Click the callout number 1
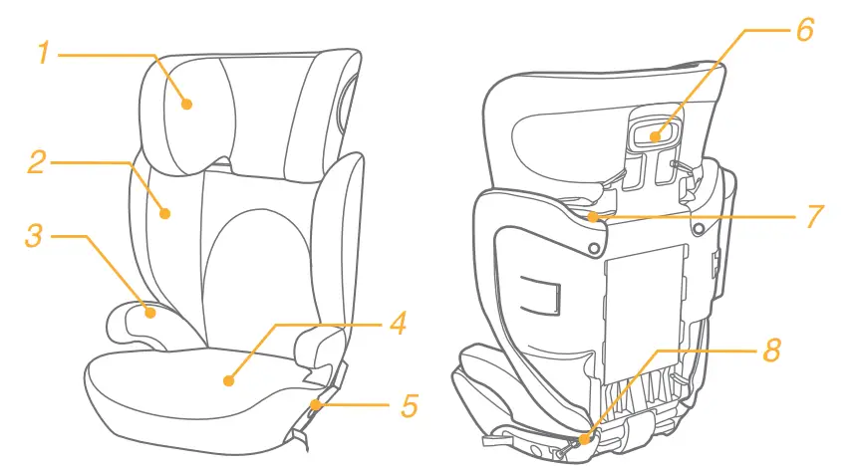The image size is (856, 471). point(43,53)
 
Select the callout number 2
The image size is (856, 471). point(37,161)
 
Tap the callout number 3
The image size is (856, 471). point(35,237)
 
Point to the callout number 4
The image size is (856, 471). point(397,324)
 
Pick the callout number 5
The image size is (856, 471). point(408,405)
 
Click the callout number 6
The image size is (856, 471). point(803,30)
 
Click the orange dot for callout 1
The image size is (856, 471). point(186,102)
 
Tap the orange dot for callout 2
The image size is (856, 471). point(165,211)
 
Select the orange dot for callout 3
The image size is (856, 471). point(150,312)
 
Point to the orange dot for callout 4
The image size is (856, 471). point(228,379)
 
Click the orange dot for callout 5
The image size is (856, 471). point(315,403)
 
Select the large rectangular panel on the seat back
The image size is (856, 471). point(647,314)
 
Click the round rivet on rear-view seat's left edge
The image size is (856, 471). point(594,246)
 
